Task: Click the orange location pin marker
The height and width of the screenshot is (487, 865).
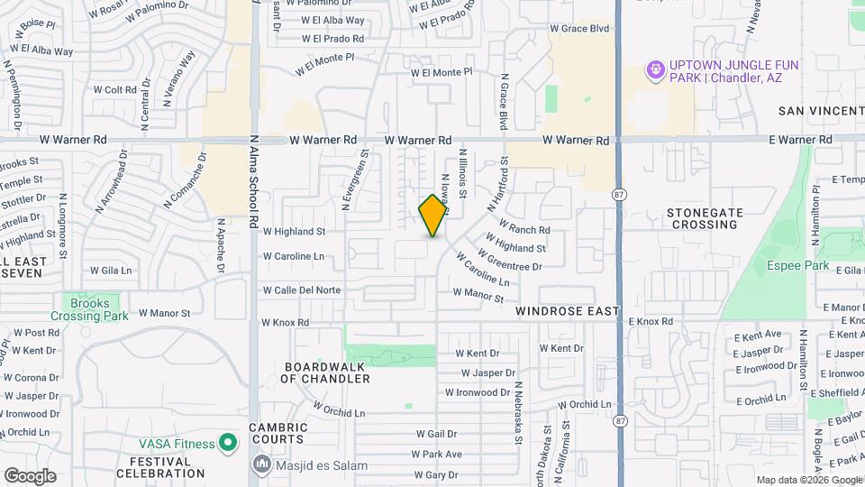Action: pyautogui.click(x=433, y=216)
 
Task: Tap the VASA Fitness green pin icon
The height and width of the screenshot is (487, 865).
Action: pyautogui.click(x=228, y=443)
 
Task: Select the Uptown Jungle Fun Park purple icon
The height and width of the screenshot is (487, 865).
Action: pyautogui.click(x=656, y=69)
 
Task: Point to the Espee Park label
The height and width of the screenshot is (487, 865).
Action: pyautogui.click(x=797, y=265)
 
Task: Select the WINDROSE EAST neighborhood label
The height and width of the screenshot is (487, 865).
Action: pyautogui.click(x=568, y=311)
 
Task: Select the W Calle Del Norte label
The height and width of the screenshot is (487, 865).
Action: pyautogui.click(x=302, y=290)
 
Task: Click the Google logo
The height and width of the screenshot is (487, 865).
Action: pyautogui.click(x=30, y=476)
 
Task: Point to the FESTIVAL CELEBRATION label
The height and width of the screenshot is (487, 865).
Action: pyautogui.click(x=154, y=467)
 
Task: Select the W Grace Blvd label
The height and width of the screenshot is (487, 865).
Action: pyautogui.click(x=579, y=29)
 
